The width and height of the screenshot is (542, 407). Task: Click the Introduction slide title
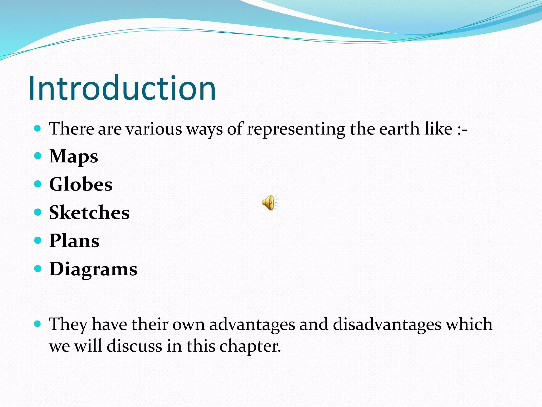pyautogui.click(x=122, y=88)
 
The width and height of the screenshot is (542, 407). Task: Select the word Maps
pyautogui.click(x=74, y=156)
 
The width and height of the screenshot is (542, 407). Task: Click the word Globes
pyautogui.click(x=81, y=184)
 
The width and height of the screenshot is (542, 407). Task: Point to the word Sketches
pyautogui.click(x=89, y=213)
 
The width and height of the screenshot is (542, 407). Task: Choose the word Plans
pyautogui.click(x=74, y=241)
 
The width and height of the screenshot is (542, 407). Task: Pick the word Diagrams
pyautogui.click(x=93, y=269)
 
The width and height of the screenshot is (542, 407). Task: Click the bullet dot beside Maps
pyautogui.click(x=38, y=156)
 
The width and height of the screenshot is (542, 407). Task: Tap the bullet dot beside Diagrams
pyautogui.click(x=38, y=269)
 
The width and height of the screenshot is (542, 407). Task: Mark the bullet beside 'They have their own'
pyautogui.click(x=38, y=324)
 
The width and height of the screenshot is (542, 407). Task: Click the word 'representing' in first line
pyautogui.click(x=296, y=129)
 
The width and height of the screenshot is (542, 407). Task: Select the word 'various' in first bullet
pyautogui.click(x=153, y=129)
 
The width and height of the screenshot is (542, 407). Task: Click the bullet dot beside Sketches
pyautogui.click(x=38, y=212)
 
